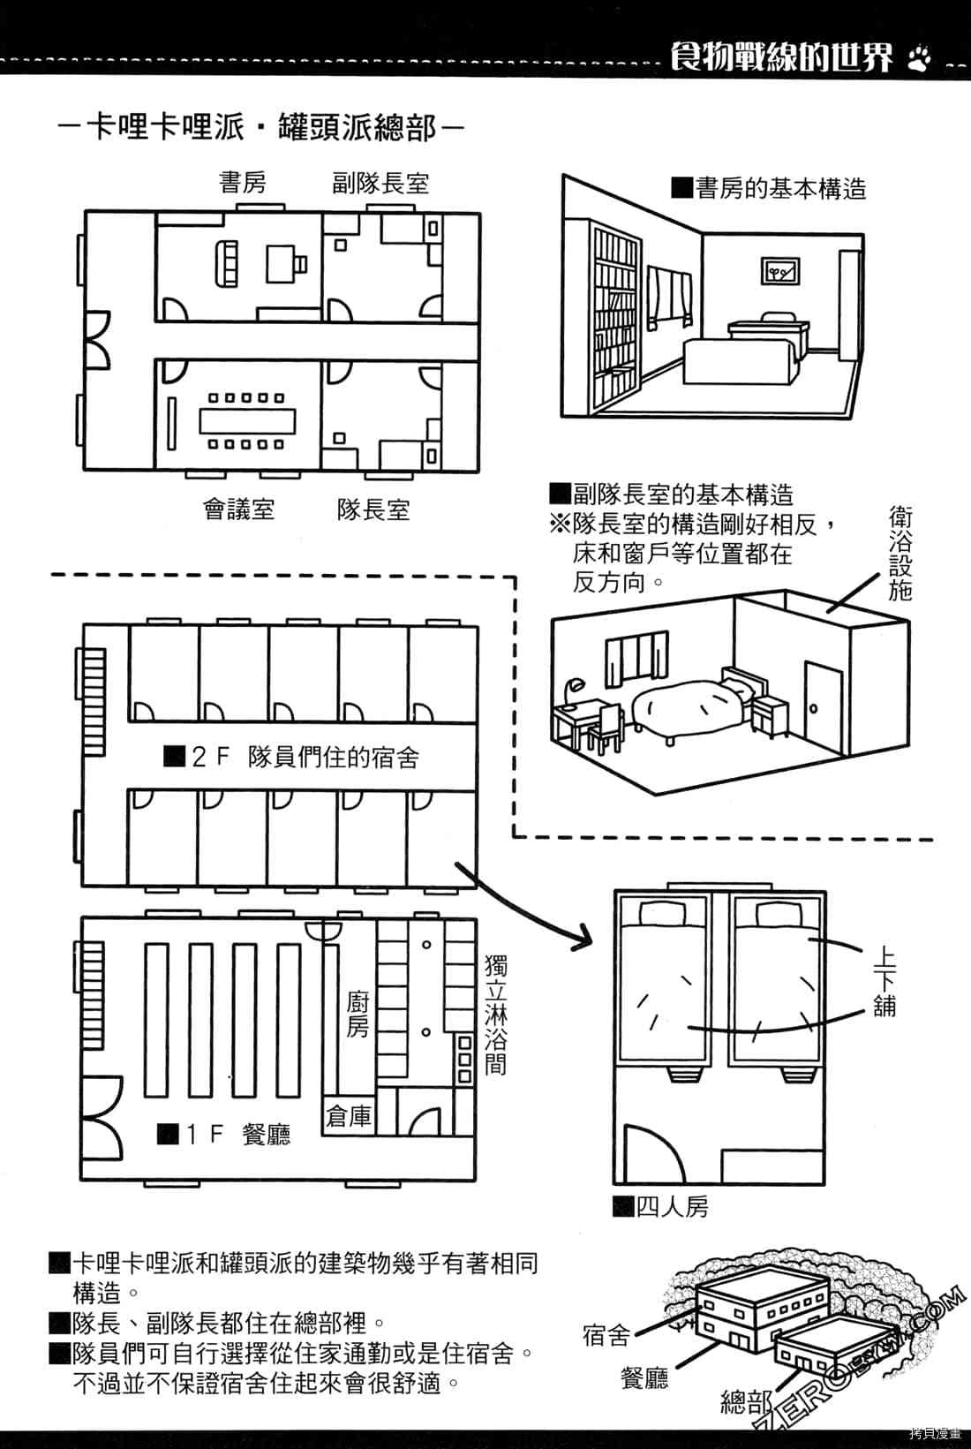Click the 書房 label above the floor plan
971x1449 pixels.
tap(243, 183)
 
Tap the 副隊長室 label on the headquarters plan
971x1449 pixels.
tap(380, 184)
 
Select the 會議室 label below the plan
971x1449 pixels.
tap(239, 509)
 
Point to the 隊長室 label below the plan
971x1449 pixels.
tap(373, 509)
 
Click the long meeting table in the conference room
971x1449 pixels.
tap(246, 421)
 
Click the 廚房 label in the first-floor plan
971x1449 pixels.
tap(357, 1015)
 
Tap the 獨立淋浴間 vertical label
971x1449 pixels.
tap(496, 1014)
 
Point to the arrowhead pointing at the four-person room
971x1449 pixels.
tap(583, 938)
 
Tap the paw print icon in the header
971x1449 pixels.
tap(919, 57)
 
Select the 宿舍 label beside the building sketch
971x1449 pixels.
tap(606, 1334)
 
